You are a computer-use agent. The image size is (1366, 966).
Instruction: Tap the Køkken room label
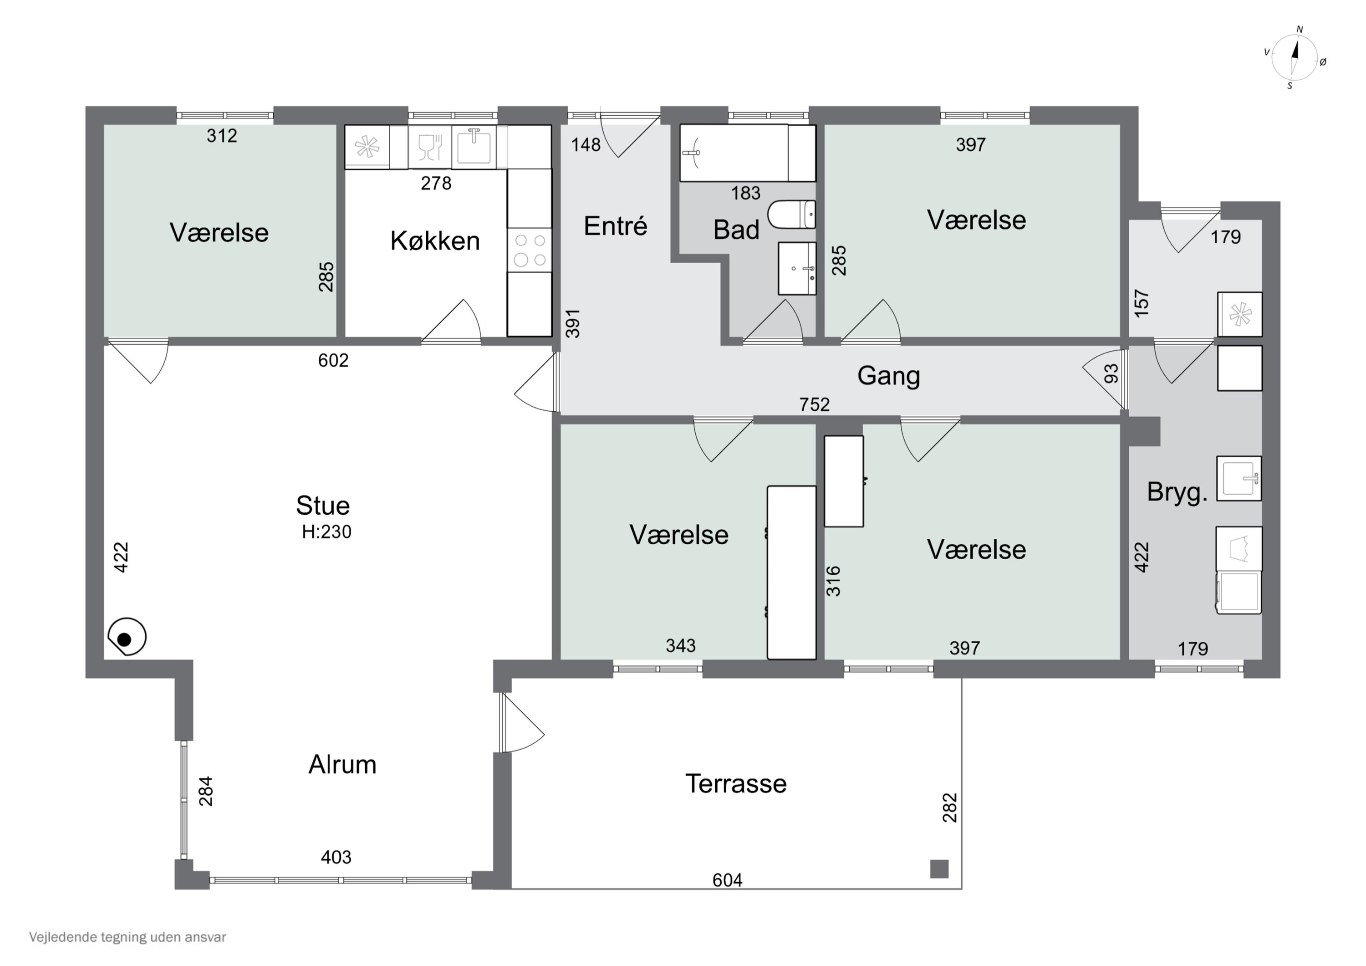435,241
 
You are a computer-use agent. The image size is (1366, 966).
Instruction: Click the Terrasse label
736,783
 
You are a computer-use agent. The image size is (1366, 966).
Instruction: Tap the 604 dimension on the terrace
727,880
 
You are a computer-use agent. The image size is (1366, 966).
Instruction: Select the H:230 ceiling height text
326,532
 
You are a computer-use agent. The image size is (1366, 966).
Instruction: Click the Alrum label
342,764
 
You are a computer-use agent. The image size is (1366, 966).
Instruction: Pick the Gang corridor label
888,376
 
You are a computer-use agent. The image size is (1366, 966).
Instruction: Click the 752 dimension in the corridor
815,405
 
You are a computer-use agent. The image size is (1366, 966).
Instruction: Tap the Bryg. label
1177,492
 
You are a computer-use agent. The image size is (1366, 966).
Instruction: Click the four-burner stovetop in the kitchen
530,250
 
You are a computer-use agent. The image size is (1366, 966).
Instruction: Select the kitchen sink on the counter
474,146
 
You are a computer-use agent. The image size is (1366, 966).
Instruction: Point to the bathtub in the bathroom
747,153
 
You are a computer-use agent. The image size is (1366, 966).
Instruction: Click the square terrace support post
939,869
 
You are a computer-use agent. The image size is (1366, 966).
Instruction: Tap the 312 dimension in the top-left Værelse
222,136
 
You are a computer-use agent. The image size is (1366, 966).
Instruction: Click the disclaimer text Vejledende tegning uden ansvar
127,937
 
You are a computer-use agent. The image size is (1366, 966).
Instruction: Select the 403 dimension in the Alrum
336,857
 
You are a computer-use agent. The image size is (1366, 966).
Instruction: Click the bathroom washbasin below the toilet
797,268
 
